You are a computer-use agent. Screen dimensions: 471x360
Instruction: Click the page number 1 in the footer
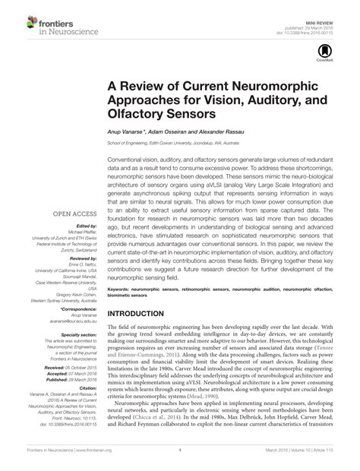pyautogui.click(x=180, y=460)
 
